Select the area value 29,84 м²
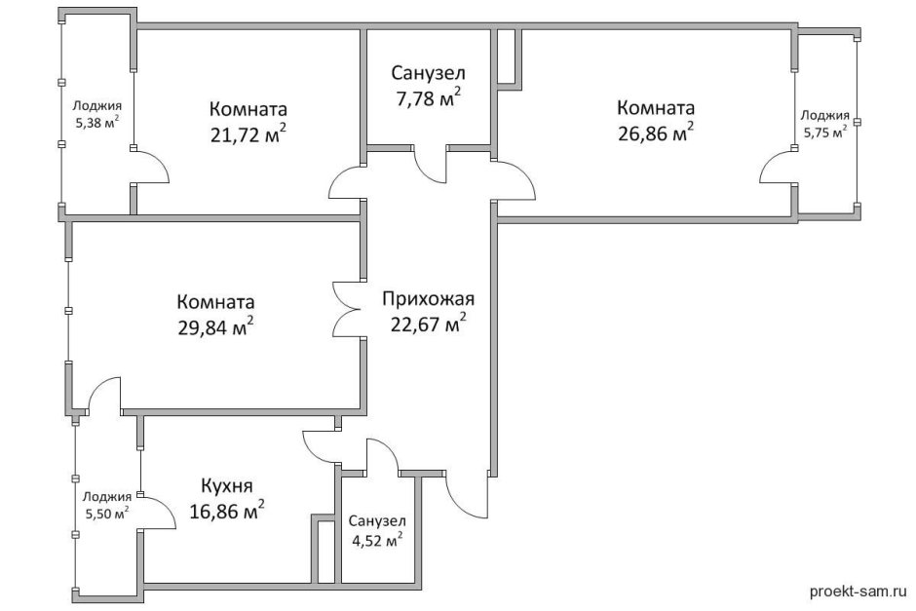pos(214,326)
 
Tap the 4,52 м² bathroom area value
pos(375,540)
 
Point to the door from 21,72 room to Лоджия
pos(151,168)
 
